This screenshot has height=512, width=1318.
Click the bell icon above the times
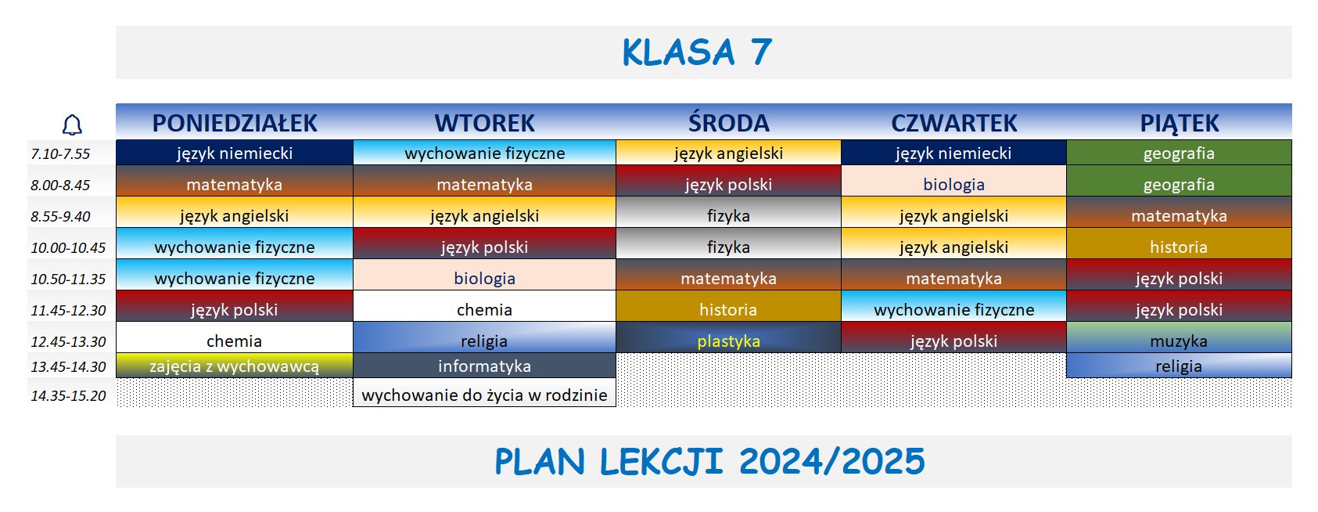72,124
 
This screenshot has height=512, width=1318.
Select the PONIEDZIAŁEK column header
235,123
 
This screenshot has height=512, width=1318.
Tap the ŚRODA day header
728,123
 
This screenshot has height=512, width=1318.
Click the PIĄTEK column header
1179,123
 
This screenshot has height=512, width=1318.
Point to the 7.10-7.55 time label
60,153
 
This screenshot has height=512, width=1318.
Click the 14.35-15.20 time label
68,395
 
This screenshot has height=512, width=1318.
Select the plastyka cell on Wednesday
728,341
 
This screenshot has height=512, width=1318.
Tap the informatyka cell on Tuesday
484,366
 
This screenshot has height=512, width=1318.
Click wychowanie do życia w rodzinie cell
484,395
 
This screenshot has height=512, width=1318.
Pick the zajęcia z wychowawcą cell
235,366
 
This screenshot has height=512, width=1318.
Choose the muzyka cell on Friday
1179,341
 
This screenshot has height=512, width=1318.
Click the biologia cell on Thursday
953,184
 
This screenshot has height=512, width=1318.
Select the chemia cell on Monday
235,341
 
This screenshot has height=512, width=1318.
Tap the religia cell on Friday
1179,366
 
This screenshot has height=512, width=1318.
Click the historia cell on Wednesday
728,309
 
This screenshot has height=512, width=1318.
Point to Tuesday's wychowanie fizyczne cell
484,153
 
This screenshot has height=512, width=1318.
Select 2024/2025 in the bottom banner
831,461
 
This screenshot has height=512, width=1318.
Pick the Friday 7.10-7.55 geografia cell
1179,153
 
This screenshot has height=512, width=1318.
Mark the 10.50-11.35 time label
68,279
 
